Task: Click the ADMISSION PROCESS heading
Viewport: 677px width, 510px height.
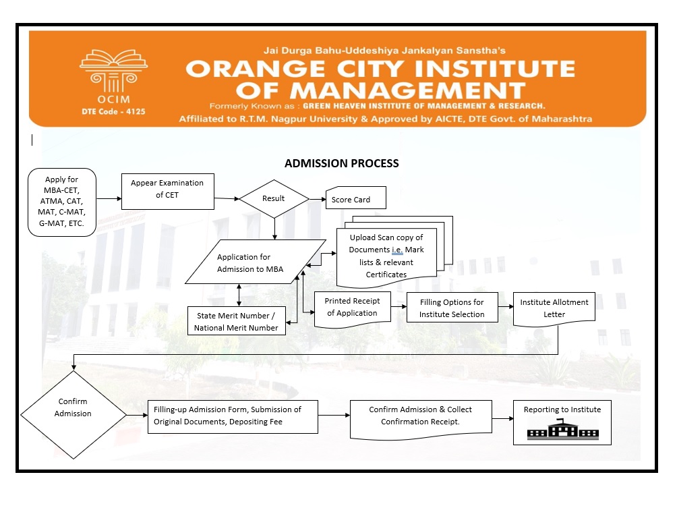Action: click(341, 163)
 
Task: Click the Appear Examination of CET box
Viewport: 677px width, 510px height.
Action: click(167, 189)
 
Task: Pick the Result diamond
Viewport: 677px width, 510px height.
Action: click(274, 199)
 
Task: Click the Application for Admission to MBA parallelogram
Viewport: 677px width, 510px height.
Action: click(244, 263)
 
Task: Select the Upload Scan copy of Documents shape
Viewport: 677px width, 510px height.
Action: click(386, 256)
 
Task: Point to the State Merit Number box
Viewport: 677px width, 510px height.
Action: click(236, 321)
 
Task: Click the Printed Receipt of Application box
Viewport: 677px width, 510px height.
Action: click(352, 308)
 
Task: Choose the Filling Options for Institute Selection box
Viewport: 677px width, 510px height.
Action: click(452, 308)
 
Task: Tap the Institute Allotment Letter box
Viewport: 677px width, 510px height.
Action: click(554, 308)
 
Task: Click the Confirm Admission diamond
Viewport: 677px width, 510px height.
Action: click(73, 408)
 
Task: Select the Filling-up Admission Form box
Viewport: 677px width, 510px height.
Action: click(233, 416)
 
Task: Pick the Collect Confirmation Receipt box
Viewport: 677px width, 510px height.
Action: click(420, 416)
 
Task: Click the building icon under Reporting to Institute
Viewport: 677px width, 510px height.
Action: click(562, 430)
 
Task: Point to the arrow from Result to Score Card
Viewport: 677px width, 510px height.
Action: click(317, 200)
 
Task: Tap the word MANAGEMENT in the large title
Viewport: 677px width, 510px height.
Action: click(403, 90)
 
